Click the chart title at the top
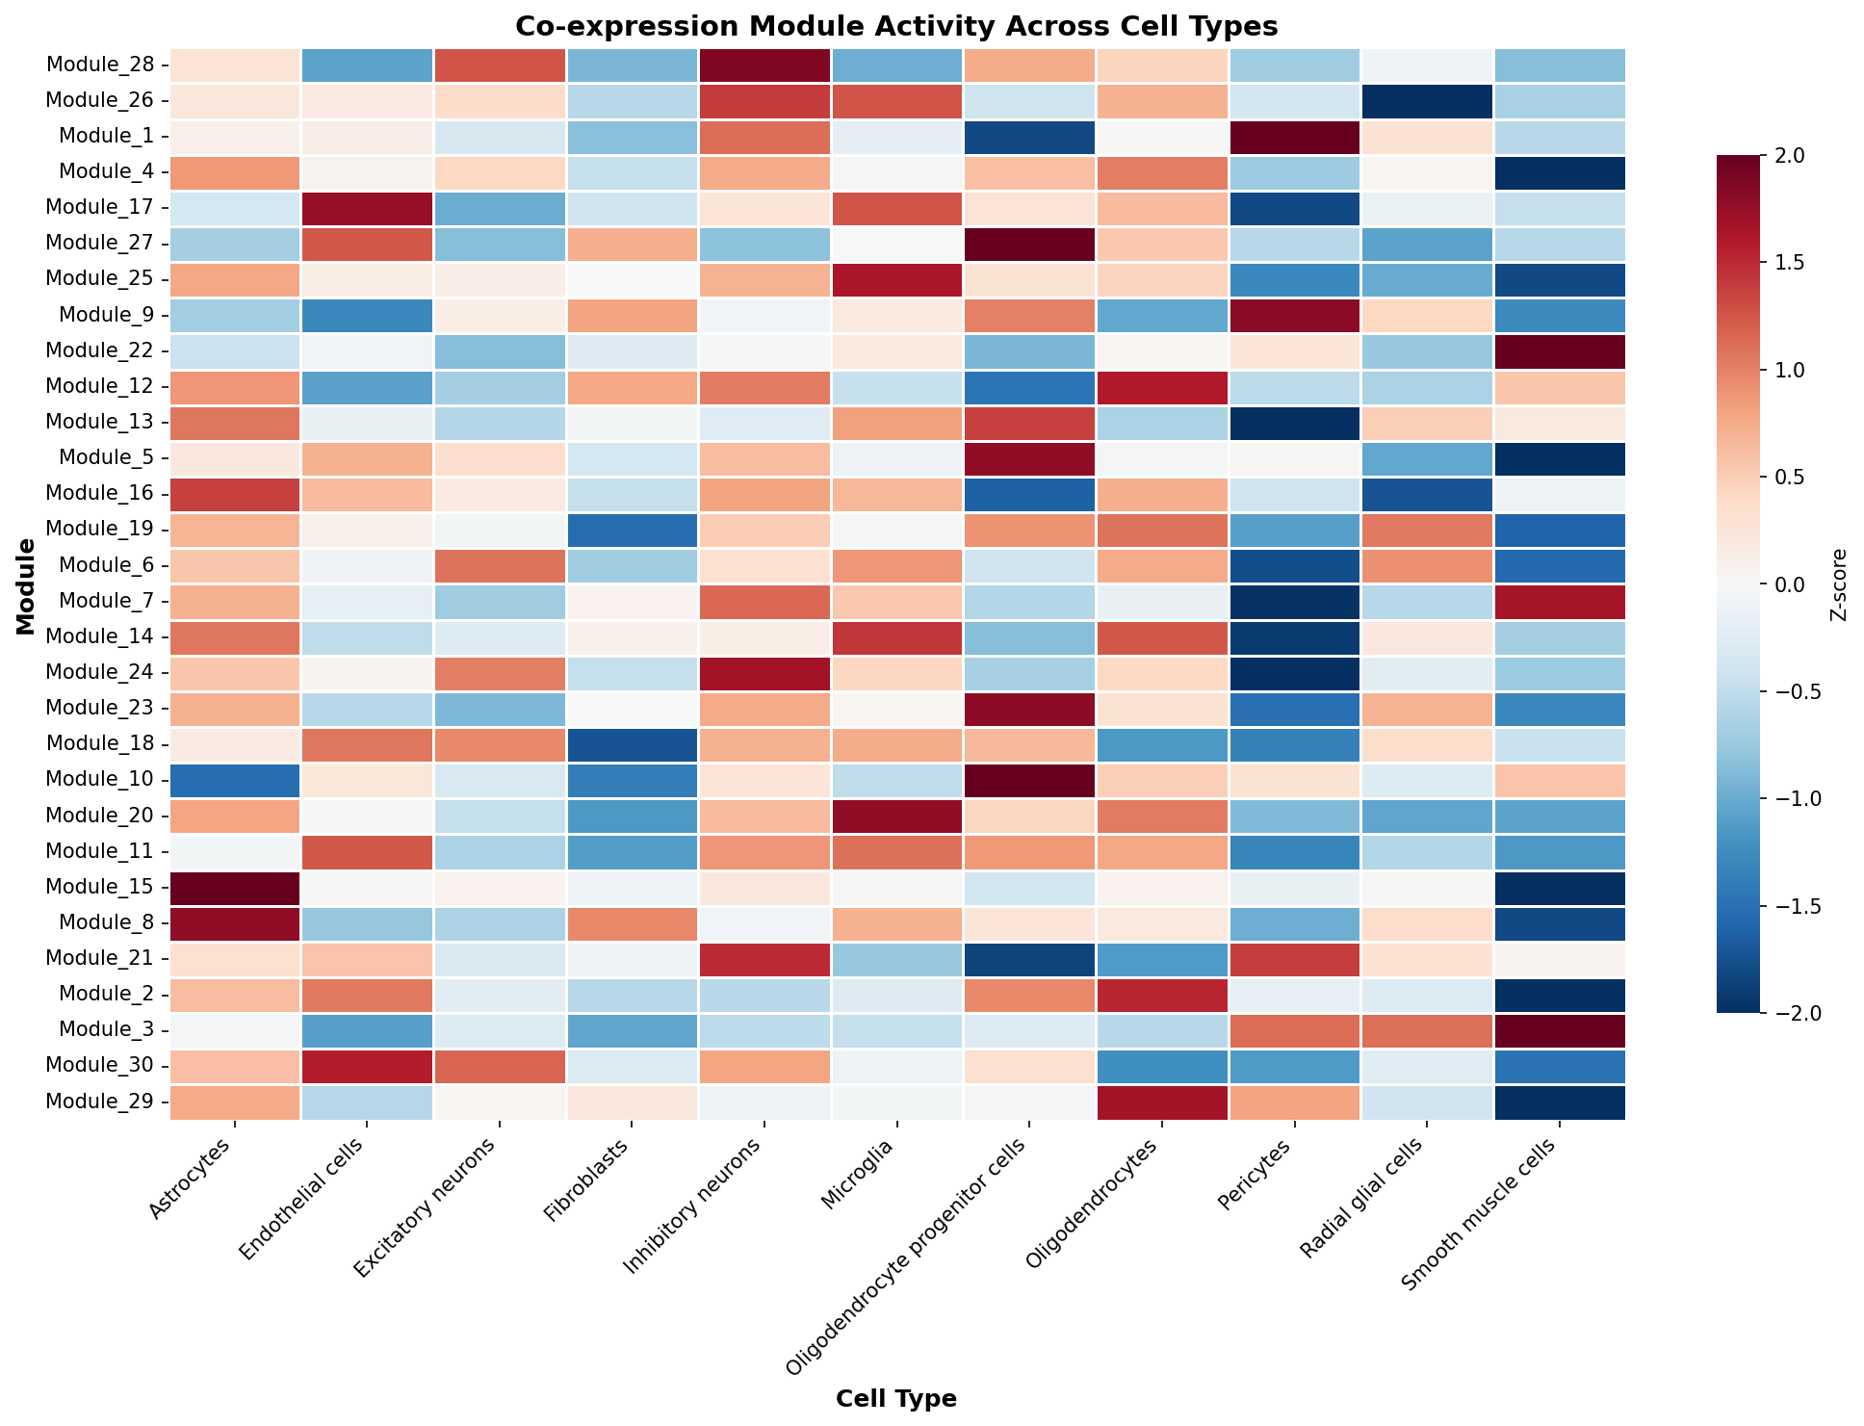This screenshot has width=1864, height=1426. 896,26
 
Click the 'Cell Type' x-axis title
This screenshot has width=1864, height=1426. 896,1399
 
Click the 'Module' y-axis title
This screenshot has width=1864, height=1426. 25,584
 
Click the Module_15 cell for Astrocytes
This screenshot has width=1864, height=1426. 235,887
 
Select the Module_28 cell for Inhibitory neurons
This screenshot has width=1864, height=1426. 764,65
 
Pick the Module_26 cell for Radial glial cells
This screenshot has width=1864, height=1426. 1427,101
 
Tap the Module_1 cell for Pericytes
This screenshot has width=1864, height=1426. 1294,137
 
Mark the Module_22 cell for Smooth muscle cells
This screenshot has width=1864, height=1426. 1559,351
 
